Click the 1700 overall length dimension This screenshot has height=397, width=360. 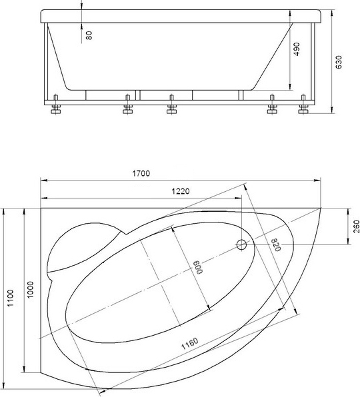point(141,173)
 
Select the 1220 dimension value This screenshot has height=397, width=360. point(181,191)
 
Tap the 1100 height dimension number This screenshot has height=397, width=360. point(11,298)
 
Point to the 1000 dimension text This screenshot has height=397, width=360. point(31,290)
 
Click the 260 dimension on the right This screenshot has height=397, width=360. point(356,226)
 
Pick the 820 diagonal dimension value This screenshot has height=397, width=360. point(276,245)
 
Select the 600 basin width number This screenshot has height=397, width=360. point(199,267)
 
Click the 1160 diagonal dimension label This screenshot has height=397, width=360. point(189,344)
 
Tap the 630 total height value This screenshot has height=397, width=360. point(339,62)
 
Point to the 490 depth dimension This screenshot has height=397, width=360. point(296,49)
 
